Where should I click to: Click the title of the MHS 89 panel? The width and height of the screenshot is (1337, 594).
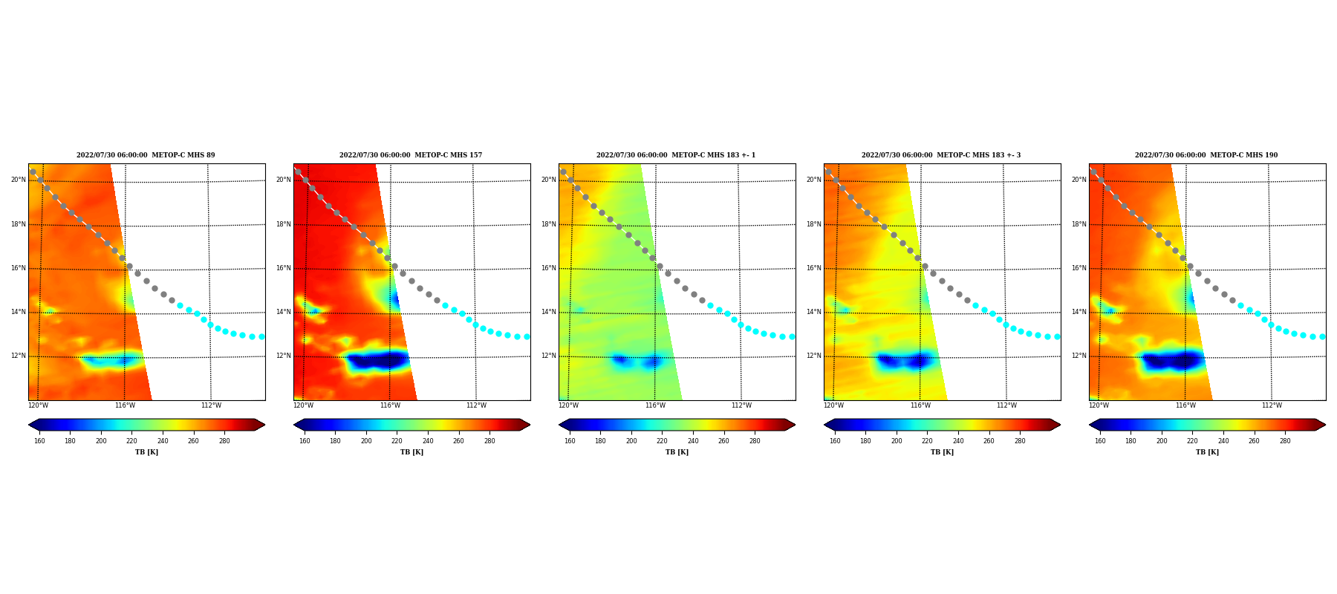click(x=146, y=155)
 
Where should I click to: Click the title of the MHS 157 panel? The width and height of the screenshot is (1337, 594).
click(x=411, y=155)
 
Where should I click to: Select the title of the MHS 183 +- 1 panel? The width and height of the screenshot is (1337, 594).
click(x=676, y=155)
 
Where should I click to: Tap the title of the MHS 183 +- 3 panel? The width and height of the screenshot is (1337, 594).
click(x=941, y=155)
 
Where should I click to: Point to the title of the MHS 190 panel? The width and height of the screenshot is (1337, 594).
click(x=1206, y=155)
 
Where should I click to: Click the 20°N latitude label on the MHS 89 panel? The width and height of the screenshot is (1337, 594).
click(x=19, y=180)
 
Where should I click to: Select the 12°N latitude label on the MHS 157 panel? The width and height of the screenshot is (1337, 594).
click(x=284, y=356)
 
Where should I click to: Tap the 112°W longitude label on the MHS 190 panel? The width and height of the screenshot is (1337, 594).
click(x=1272, y=405)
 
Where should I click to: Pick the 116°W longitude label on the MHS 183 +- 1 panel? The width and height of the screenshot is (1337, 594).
click(x=655, y=405)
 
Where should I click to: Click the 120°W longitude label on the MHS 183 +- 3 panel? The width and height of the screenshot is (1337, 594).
click(x=833, y=405)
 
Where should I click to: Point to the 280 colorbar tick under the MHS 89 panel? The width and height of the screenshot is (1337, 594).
click(x=224, y=441)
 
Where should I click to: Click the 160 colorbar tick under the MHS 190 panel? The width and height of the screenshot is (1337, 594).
click(x=1100, y=441)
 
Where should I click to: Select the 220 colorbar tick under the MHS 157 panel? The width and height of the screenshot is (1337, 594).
click(x=397, y=441)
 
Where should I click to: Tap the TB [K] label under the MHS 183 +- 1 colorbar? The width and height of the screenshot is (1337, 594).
click(x=677, y=452)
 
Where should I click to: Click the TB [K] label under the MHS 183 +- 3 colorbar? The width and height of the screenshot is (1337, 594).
click(x=942, y=452)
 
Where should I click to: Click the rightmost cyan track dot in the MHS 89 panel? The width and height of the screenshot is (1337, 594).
click(x=261, y=336)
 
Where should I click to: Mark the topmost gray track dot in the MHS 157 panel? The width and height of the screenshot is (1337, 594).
click(x=298, y=172)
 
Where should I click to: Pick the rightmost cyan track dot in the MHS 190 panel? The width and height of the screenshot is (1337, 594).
click(x=1322, y=336)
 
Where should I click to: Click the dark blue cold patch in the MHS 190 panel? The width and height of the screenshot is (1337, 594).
click(x=1172, y=361)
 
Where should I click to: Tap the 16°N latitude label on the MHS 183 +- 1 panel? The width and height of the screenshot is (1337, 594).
click(x=549, y=268)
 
